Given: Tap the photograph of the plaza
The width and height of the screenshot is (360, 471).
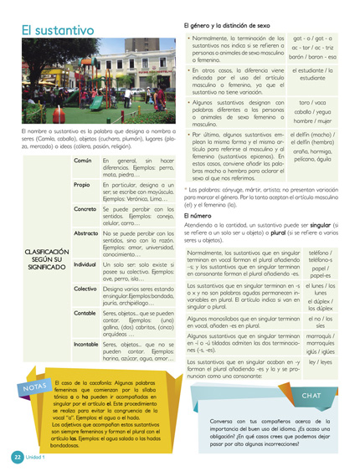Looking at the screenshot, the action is click(x=94, y=84).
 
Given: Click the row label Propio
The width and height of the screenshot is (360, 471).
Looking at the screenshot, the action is click(x=82, y=185).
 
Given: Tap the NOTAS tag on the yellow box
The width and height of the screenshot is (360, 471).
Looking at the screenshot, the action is click(x=35, y=387).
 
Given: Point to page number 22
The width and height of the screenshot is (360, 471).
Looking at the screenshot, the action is click(x=17, y=458).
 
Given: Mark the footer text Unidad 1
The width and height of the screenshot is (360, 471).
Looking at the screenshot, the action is click(x=38, y=458).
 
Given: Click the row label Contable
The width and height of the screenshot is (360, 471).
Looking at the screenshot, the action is click(x=85, y=313).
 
